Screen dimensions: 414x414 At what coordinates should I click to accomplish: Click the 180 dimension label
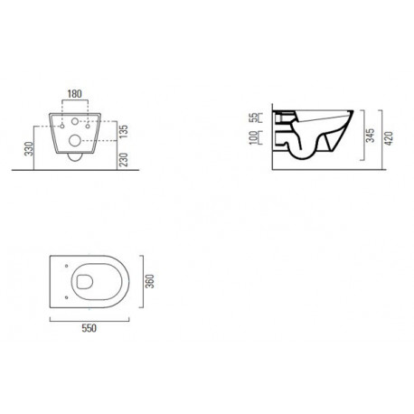pyautogui.click(x=74, y=94)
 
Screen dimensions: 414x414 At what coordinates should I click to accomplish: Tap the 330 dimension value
pyautogui.click(x=29, y=149)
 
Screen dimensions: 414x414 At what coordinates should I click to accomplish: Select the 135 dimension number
pyautogui.click(x=124, y=131)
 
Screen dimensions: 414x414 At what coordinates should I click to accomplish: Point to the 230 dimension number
pyautogui.click(x=124, y=160)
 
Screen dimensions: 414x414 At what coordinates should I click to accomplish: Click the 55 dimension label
pyautogui.click(x=255, y=118)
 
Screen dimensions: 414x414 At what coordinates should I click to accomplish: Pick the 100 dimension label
pyautogui.click(x=254, y=137)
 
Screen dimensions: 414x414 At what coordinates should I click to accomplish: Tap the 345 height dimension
pyautogui.click(x=371, y=136)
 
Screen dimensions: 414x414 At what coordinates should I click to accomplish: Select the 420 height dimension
pyautogui.click(x=389, y=138)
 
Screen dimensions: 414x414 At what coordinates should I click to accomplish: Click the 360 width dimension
pyautogui.click(x=150, y=281)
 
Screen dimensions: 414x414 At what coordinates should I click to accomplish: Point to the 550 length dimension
pyautogui.click(x=89, y=328)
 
